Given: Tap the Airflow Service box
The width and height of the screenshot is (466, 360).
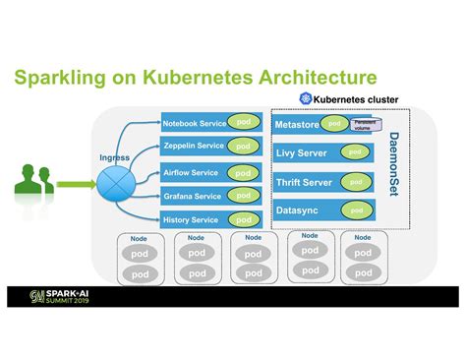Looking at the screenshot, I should point(192,173).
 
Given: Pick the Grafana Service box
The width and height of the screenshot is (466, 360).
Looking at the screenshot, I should point(192,196).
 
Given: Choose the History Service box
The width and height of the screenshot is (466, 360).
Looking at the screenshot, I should point(192,219).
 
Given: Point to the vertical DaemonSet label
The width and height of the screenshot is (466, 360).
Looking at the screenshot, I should point(393,162).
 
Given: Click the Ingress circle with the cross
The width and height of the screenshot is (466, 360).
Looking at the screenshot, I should point(111,182).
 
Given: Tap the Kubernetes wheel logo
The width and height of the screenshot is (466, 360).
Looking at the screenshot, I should point(306,99).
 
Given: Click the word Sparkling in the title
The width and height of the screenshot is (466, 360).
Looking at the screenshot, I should point(61,77).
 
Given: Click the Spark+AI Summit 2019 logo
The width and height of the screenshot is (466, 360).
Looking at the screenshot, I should point(69,295).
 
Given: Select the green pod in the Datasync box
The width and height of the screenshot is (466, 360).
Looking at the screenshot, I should point(357,210).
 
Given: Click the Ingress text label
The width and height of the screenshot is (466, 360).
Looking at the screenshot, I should point(113,157).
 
